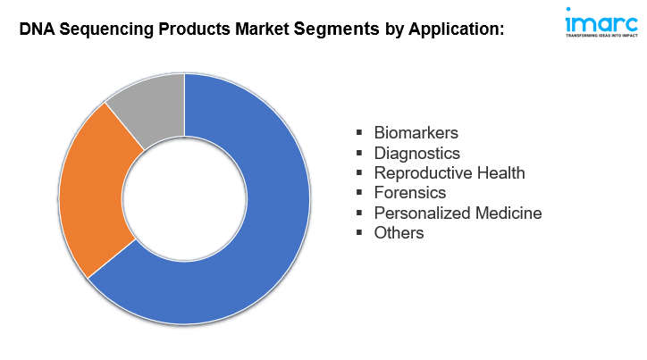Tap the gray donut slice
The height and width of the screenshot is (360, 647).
153,105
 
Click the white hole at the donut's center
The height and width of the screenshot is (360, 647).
184,199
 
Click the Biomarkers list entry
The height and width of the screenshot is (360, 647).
416,133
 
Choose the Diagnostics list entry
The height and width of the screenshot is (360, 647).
416,153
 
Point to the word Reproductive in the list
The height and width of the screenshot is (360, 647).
423,173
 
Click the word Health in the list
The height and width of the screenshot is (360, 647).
501,172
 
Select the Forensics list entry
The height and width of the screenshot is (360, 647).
410,193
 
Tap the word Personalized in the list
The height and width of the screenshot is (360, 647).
422,213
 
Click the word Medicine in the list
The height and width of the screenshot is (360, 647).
508,213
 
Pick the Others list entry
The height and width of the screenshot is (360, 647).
399,233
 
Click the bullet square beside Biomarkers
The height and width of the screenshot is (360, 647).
359,133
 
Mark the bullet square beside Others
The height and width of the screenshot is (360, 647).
359,233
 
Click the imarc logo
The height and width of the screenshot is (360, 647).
601,22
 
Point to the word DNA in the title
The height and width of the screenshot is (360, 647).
38,29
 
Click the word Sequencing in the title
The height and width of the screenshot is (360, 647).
106,29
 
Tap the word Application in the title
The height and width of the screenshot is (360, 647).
457,29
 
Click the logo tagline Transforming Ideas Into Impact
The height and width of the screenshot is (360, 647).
601,36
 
